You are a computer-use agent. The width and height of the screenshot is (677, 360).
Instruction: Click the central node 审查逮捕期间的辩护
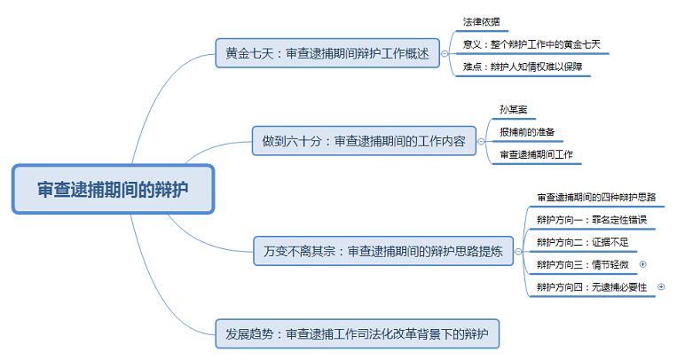[x=113, y=189]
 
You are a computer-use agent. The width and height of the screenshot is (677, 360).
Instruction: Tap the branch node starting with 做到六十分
[x=364, y=141]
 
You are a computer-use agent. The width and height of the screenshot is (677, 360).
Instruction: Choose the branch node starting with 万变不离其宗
[x=378, y=251]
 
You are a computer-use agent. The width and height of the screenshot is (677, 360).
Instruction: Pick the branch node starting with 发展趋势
[x=358, y=333]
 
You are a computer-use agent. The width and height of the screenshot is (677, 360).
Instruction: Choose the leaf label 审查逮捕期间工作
[x=537, y=154]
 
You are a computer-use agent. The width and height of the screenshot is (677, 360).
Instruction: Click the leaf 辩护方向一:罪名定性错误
[x=580, y=219]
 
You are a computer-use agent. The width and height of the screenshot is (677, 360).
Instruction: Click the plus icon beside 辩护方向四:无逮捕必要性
[x=661, y=287]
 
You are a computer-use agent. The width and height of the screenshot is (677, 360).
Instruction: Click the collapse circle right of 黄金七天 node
[x=445, y=53]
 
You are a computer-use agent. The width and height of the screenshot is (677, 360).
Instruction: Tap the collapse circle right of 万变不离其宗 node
[x=519, y=251]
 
